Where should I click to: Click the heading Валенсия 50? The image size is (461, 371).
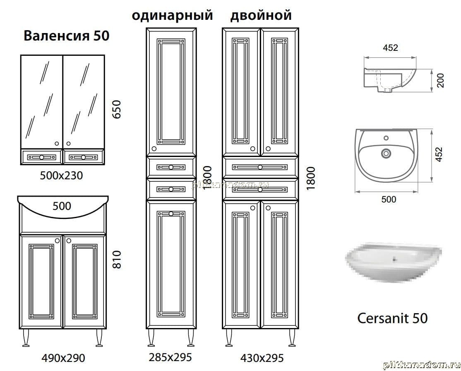pos(67,36)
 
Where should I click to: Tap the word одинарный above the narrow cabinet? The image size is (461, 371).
pos(172,15)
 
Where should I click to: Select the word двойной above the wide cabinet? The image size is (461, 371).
pos(261,15)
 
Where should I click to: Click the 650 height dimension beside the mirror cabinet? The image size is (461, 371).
pos(117,109)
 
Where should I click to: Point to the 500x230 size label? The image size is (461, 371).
pos(61,176)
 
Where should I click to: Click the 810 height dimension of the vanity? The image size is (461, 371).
pos(117,259)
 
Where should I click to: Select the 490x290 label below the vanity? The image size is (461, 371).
pos(63,358)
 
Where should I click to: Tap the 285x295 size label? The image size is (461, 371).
pos(170,357)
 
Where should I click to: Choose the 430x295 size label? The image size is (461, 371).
pos(262,358)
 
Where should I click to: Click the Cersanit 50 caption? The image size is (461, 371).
pos(392,318)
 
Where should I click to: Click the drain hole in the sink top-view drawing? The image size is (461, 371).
pos(386,153)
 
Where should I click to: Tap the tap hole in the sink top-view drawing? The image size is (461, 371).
pos(386,138)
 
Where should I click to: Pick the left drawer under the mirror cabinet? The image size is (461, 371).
pos(41,157)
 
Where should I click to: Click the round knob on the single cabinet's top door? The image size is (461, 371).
pos(154,149)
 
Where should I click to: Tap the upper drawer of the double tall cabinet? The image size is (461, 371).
pos(260,167)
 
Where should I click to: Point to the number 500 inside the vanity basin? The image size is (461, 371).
pos(62,206)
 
